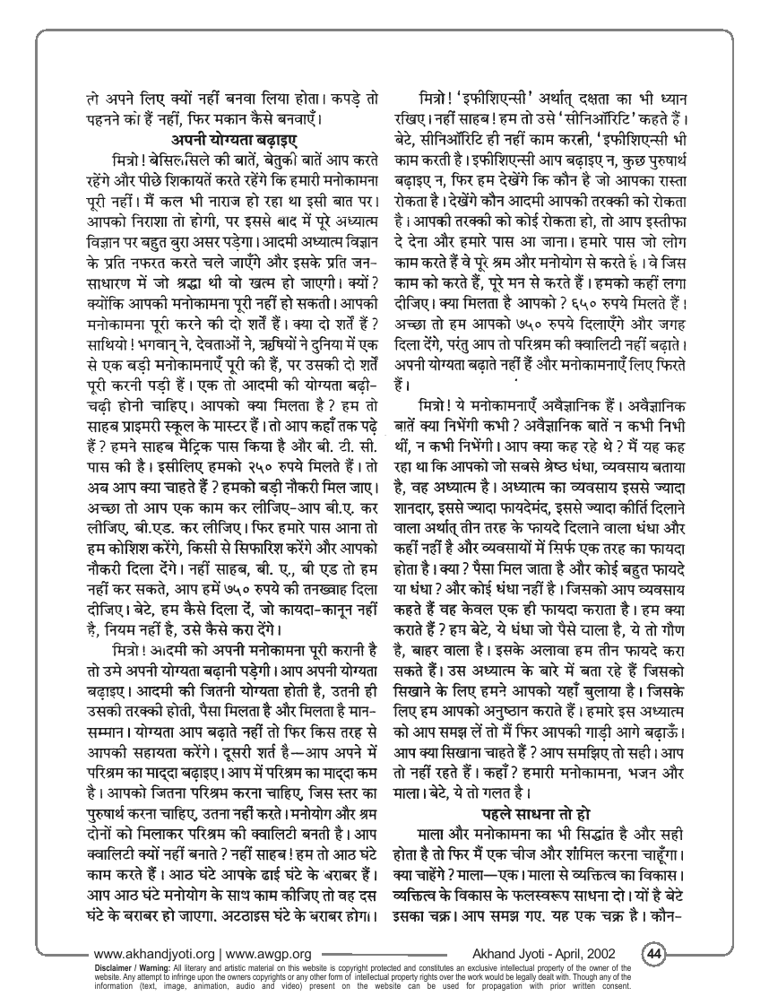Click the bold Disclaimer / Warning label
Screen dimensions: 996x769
click(x=134, y=966)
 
